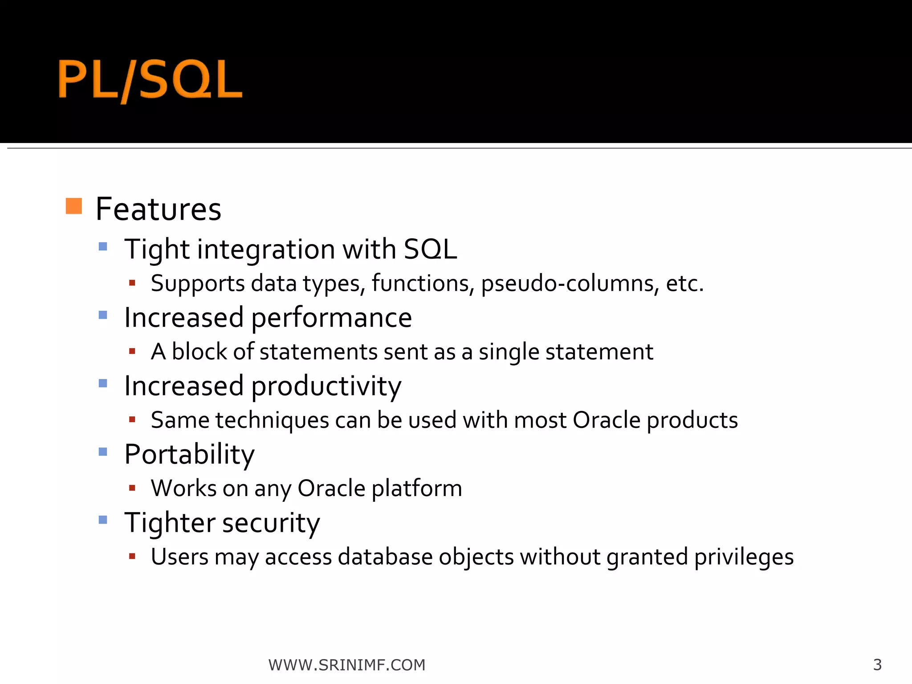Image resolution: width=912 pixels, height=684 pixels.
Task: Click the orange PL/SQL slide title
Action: (x=151, y=80)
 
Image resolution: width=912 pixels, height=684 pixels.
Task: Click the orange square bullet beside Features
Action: (x=74, y=206)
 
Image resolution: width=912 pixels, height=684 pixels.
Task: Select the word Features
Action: (x=158, y=209)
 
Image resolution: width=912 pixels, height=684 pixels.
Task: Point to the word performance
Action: (x=332, y=318)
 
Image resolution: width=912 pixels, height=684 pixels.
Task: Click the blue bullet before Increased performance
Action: (x=103, y=315)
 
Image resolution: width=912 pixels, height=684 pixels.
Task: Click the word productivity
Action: (x=326, y=386)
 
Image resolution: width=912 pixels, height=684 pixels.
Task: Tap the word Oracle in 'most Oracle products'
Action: (x=607, y=420)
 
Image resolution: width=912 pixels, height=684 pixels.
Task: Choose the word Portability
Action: (x=189, y=455)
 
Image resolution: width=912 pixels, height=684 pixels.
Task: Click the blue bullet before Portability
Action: (x=103, y=452)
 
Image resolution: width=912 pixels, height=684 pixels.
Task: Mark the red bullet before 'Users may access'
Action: (x=132, y=556)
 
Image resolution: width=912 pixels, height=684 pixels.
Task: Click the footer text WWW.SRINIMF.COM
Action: (x=347, y=665)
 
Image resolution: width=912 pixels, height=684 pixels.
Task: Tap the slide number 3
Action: (x=877, y=665)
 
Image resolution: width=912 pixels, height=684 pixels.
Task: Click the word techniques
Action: (x=272, y=420)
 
